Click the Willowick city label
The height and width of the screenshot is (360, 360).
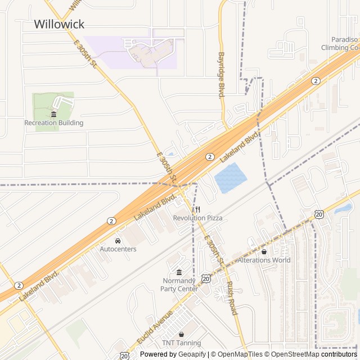point(59,24)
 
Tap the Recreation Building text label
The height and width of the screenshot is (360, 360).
point(54,123)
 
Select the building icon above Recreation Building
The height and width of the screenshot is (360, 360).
point(53,114)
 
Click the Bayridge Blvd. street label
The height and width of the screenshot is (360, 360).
point(222,76)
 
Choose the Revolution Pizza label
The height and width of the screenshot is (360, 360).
point(197,218)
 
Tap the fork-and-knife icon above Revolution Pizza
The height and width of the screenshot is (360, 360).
point(197,209)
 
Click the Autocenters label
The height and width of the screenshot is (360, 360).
point(118,249)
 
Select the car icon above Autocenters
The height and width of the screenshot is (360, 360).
point(118,241)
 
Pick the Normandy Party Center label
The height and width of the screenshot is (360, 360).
point(179,285)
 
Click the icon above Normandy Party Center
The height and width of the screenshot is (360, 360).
point(179,272)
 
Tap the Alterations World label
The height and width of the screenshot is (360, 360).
point(264,260)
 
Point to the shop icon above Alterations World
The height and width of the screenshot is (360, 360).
point(264,251)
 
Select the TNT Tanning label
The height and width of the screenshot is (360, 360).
point(181,343)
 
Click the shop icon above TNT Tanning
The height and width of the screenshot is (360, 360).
point(181,334)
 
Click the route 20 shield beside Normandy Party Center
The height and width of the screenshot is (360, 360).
point(206,278)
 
